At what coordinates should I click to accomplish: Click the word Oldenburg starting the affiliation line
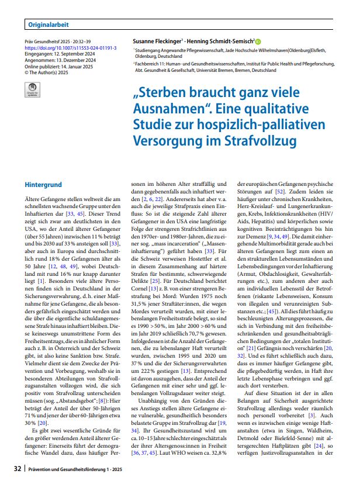click(x=148, y=58)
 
